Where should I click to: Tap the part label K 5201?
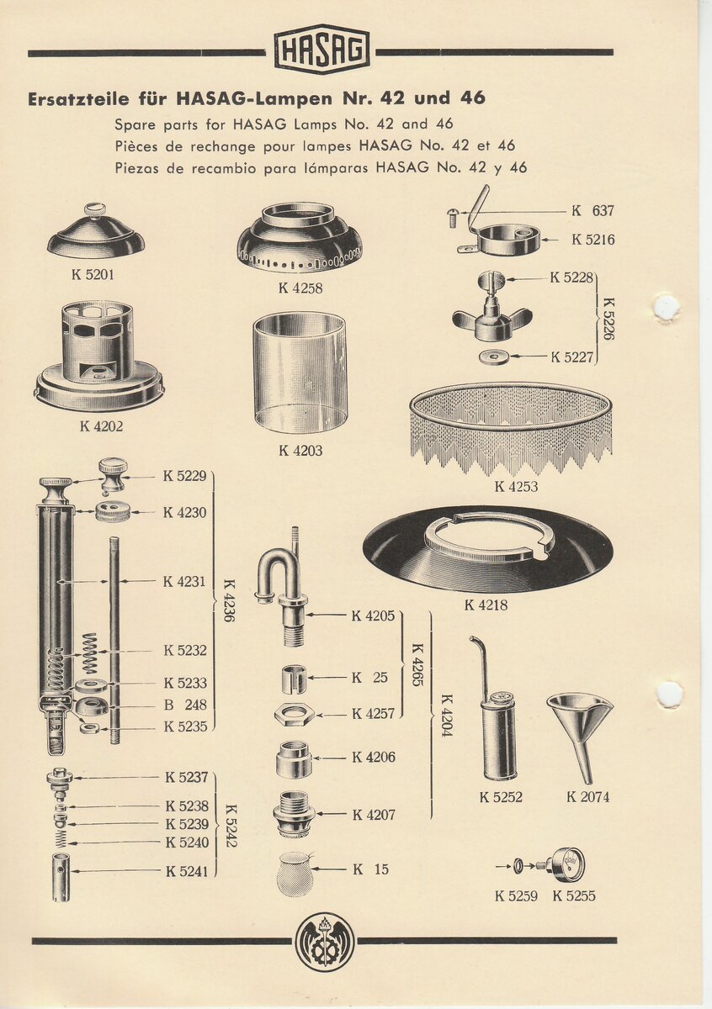pos(93,275)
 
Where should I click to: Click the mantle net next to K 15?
pos(295,874)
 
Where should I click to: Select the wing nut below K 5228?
pos(492,316)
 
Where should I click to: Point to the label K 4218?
pos(486,605)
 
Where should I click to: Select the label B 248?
pos(185,705)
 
